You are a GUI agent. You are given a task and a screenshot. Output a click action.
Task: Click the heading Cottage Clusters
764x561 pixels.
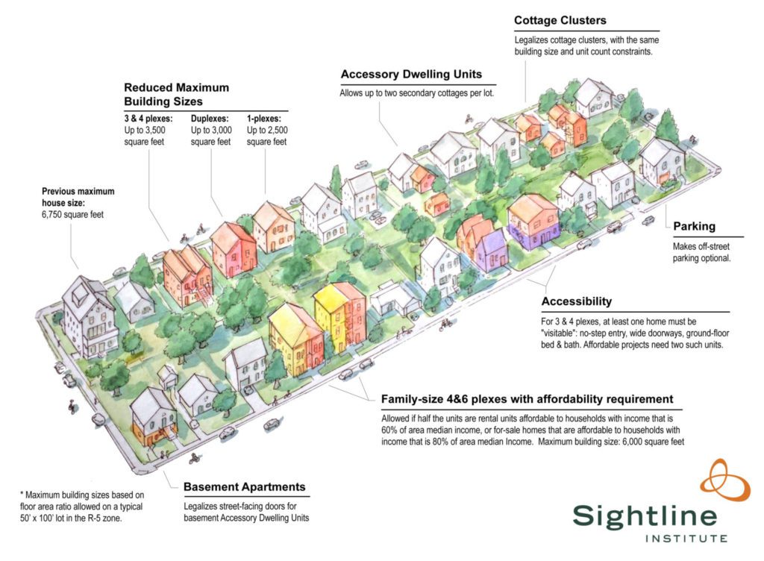(x=560, y=20)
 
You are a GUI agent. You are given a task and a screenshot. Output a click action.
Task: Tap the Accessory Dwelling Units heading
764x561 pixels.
(x=411, y=75)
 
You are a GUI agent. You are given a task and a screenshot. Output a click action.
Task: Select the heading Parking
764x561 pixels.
(x=695, y=227)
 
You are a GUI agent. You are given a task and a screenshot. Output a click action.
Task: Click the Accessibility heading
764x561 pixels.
(x=577, y=301)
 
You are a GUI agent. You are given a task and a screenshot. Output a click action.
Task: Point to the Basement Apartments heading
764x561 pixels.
(x=245, y=487)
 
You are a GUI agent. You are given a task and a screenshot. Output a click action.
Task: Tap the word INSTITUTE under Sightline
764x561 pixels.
(x=686, y=539)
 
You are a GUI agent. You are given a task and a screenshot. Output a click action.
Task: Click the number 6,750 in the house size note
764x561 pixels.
(x=52, y=215)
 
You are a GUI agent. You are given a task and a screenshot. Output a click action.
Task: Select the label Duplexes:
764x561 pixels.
(x=210, y=119)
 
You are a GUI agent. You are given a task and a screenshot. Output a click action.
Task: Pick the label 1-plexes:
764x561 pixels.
(x=263, y=119)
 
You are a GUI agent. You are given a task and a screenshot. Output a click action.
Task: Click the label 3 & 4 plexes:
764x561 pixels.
(x=148, y=119)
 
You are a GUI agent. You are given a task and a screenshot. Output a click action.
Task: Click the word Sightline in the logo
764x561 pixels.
(x=645, y=516)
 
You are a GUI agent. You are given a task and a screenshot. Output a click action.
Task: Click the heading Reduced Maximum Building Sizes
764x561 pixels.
(x=176, y=95)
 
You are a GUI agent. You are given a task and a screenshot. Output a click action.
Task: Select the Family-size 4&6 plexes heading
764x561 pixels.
(x=527, y=399)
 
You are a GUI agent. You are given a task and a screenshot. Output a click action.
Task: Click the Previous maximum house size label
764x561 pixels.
(x=78, y=197)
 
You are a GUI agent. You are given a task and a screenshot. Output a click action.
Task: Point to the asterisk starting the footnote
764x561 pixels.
(x=22, y=493)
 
